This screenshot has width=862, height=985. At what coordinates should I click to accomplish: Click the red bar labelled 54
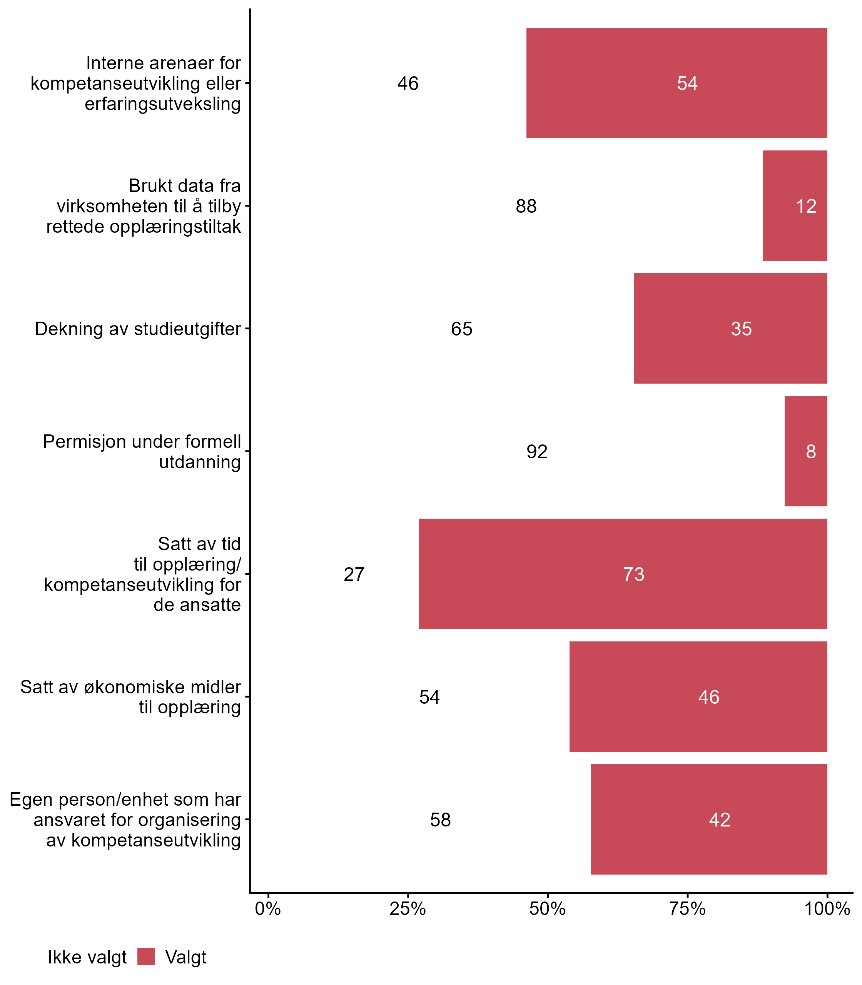click(x=677, y=83)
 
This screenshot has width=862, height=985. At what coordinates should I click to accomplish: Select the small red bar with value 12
click(x=795, y=206)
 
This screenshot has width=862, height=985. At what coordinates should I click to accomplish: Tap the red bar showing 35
click(x=730, y=329)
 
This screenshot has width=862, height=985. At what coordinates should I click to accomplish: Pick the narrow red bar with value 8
click(x=806, y=451)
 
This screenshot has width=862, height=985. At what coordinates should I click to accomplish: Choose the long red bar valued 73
click(x=623, y=574)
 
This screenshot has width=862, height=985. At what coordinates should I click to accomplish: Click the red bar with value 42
click(x=709, y=820)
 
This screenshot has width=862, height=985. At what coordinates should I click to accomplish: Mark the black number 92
click(x=537, y=452)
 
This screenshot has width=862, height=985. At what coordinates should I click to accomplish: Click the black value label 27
click(x=354, y=574)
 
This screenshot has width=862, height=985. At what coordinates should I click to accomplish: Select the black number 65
click(x=462, y=329)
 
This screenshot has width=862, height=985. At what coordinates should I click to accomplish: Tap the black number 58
click(x=440, y=820)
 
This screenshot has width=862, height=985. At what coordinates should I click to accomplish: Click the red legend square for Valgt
click(x=146, y=957)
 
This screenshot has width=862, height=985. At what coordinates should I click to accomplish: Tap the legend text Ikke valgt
click(x=87, y=957)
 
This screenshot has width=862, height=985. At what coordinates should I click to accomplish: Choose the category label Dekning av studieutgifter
click(x=138, y=329)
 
